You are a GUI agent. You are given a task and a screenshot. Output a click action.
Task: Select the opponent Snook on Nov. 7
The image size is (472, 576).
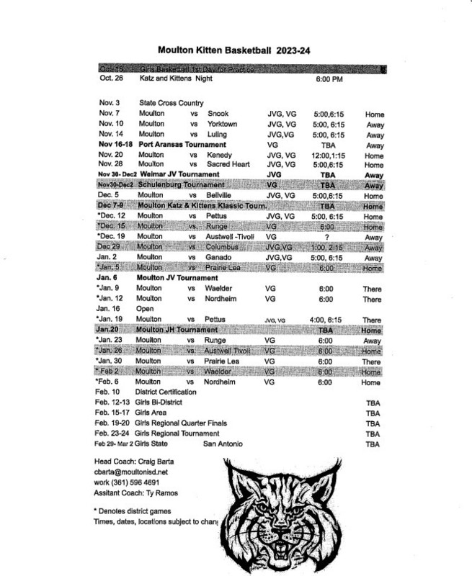[x=218, y=114]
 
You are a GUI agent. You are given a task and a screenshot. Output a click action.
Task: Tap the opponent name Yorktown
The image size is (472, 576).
[x=223, y=124]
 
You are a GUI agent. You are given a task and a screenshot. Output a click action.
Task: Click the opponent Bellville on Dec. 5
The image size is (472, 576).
[x=221, y=194]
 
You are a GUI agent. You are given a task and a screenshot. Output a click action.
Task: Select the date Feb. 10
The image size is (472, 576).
[x=108, y=393]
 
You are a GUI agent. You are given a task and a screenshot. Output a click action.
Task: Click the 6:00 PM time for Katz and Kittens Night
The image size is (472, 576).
[x=329, y=78]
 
